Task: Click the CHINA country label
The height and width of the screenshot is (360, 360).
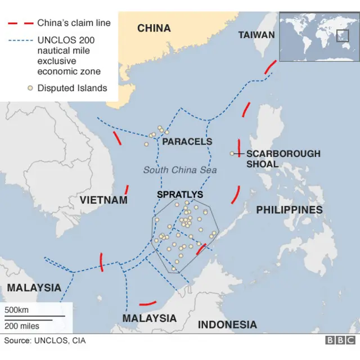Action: (154, 28)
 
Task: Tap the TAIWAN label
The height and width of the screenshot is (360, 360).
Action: (256, 35)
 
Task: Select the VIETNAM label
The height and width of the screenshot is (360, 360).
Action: (103, 200)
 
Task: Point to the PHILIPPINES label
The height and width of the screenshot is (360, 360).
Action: (289, 210)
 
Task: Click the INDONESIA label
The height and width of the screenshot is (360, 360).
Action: (227, 325)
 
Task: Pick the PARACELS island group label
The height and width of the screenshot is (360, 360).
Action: (187, 142)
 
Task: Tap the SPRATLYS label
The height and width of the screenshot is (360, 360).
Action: (180, 195)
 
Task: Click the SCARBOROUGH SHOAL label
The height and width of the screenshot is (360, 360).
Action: (283, 159)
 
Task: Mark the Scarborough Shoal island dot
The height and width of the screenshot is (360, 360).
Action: (232, 154)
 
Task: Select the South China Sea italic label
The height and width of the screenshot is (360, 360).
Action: (180, 170)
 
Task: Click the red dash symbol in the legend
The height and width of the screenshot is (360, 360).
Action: (19, 24)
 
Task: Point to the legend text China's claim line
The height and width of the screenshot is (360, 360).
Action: (74, 23)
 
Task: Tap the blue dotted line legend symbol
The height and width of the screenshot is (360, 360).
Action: (19, 40)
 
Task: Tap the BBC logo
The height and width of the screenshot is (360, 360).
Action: (340, 340)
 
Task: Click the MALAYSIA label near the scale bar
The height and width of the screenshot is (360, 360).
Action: (34, 287)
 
